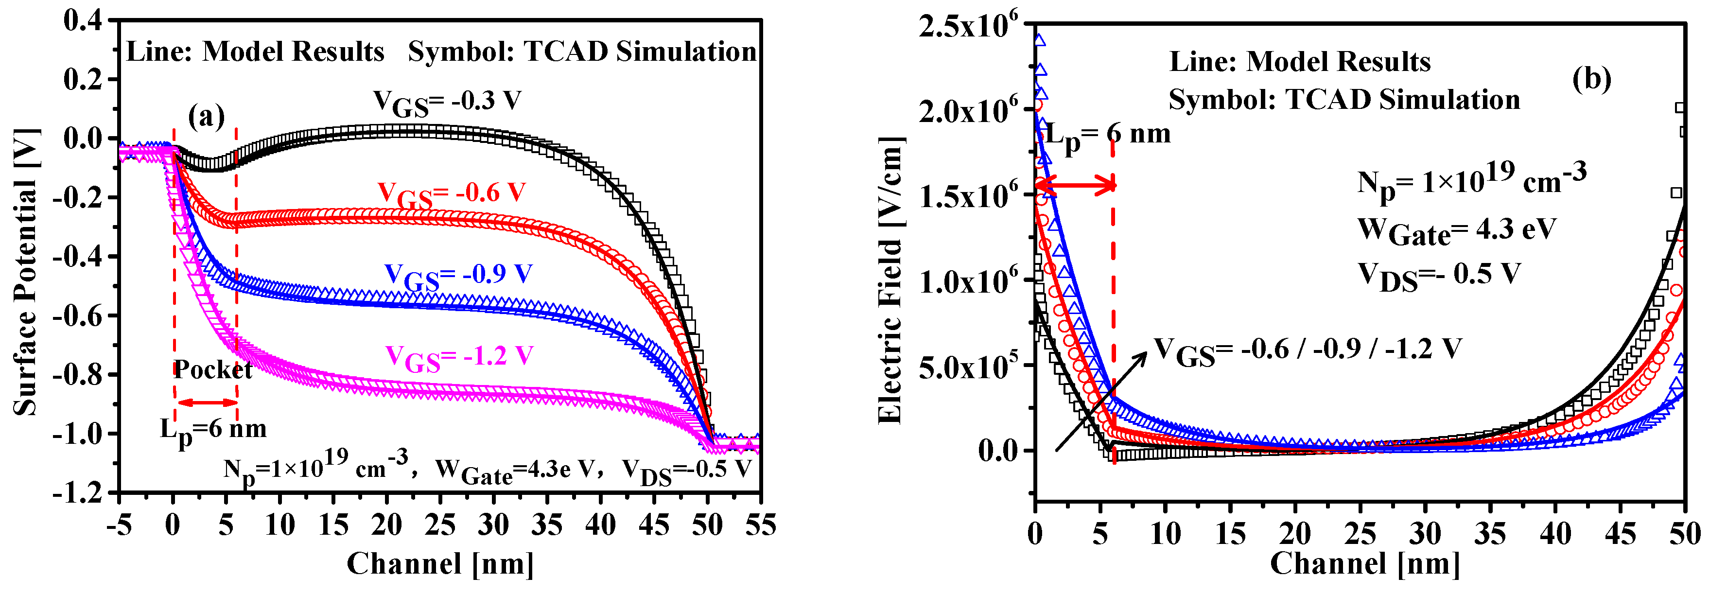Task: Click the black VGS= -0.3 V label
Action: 447,102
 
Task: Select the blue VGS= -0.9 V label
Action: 458,276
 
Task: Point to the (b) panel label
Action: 1591,79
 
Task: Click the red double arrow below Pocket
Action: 207,402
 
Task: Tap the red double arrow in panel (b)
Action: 1075,185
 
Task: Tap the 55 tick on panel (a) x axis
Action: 760,525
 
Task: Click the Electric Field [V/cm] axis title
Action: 890,280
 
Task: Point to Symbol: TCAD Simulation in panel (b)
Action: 1344,100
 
